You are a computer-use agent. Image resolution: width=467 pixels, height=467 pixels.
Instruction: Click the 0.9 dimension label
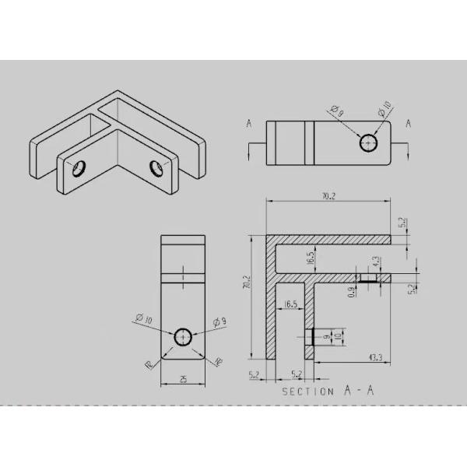coord(351,293)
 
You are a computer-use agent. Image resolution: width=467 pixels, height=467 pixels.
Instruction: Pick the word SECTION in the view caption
coord(307,392)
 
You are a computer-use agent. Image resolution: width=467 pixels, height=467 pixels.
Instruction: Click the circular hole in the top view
coord(369,142)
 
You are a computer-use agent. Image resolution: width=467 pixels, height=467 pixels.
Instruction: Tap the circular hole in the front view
coord(183,336)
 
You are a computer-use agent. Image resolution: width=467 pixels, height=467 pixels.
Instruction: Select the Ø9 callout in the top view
coord(337,113)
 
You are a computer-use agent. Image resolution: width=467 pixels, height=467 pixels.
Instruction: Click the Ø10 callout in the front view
coord(143,318)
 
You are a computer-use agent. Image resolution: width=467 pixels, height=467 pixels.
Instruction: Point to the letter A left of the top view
coord(248,124)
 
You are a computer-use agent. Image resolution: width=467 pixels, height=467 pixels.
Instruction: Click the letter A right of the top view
coord(408,124)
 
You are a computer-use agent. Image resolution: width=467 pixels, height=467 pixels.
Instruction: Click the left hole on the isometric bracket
coord(78,168)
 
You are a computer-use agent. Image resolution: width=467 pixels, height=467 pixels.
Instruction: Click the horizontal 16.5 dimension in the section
coord(291,304)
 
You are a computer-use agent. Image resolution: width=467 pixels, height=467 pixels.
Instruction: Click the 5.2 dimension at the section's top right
coord(402,223)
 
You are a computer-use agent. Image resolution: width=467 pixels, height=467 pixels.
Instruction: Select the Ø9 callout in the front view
coord(219,320)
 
